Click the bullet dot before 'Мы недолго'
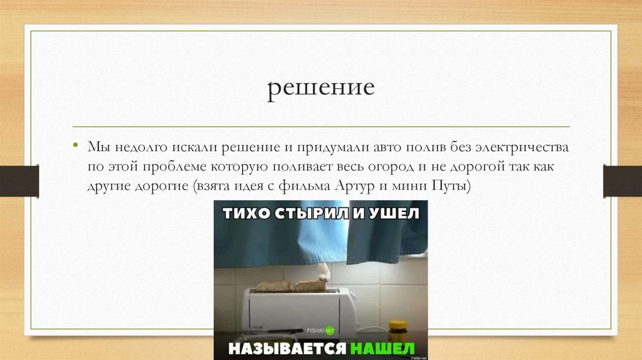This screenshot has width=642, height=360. (75, 146)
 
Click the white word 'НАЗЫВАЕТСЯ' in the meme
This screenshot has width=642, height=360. (287, 347)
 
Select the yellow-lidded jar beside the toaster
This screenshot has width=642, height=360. (397, 331)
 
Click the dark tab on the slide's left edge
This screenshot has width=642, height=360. (19, 181)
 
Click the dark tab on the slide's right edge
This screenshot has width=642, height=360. (622, 181)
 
